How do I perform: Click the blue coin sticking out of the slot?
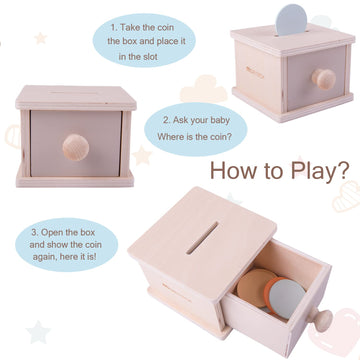[291, 20]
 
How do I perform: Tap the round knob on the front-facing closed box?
[76, 147]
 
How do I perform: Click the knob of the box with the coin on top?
[324, 79]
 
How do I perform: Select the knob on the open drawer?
[321, 320]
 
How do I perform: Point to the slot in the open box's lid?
[202, 238]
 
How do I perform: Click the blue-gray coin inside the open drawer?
[286, 296]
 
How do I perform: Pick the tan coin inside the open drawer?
[256, 287]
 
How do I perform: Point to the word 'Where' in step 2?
[170, 137]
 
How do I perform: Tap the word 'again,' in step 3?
[45, 257]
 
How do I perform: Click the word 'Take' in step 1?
[130, 27]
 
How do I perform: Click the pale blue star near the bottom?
[38, 332]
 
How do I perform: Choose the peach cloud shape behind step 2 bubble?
[204, 89]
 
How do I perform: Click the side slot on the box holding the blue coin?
[255, 72]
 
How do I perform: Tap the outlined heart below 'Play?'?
[347, 197]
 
